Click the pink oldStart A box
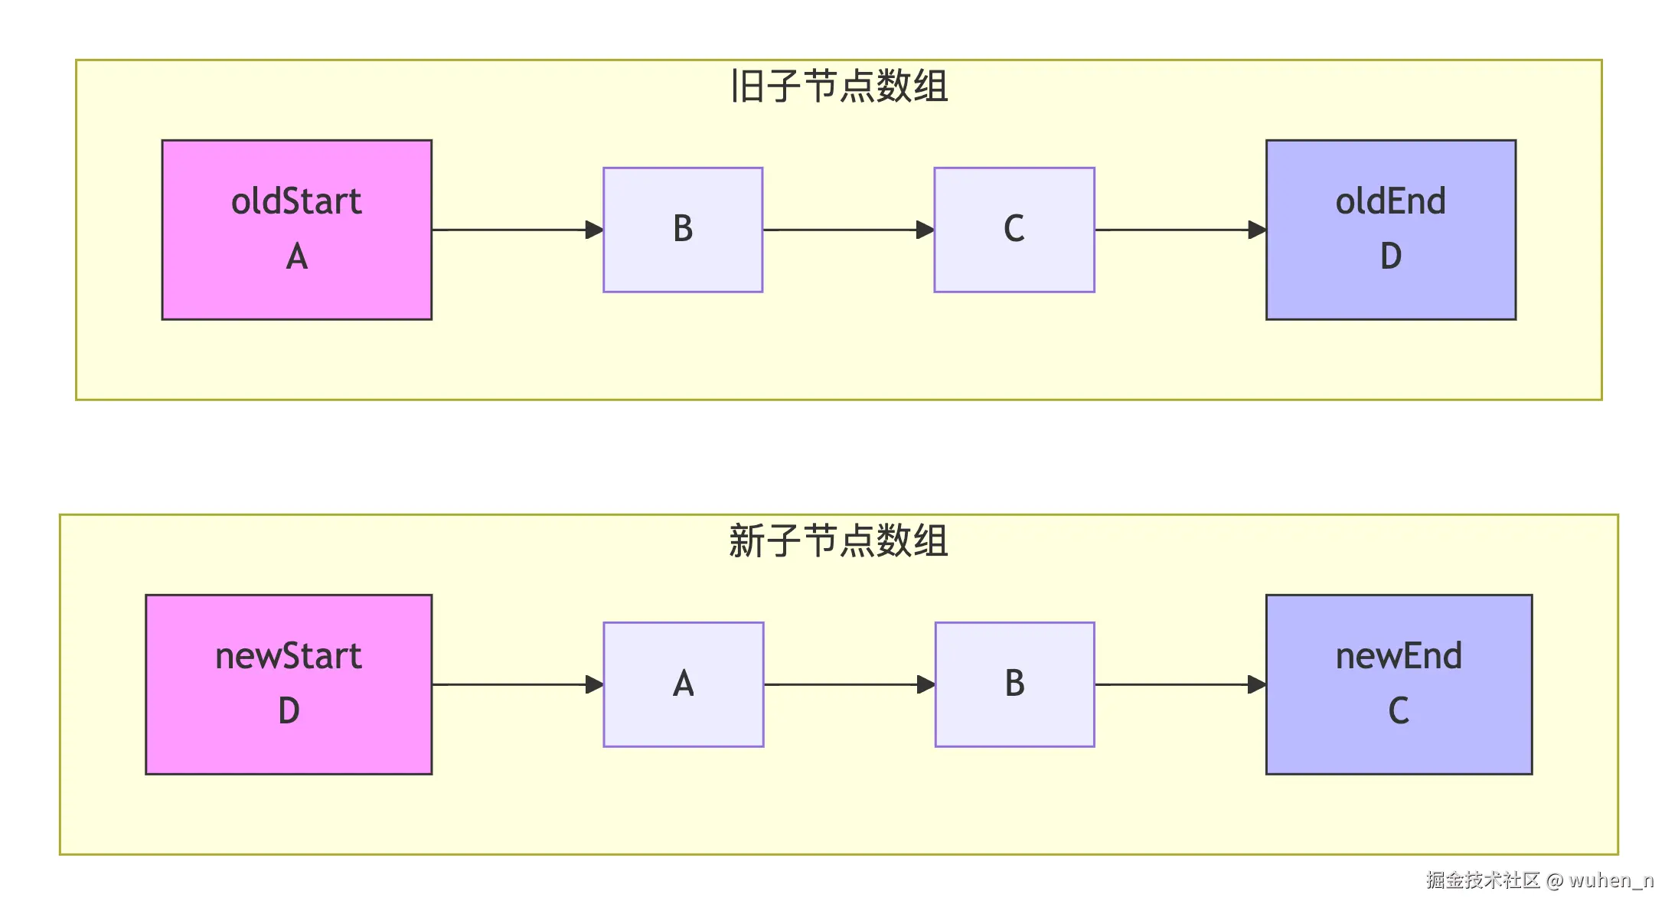click(x=296, y=230)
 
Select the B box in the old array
click(x=683, y=230)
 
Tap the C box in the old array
click(x=1014, y=230)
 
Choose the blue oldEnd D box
click(x=1390, y=230)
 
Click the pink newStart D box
click(x=289, y=684)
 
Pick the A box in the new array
click(x=683, y=684)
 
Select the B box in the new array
click(x=1014, y=684)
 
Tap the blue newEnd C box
click(x=1399, y=684)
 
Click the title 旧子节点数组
click(x=839, y=86)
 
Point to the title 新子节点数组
click(x=839, y=540)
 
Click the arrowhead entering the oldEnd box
click(x=1256, y=230)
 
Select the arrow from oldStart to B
click(x=513, y=230)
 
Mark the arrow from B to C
click(x=846, y=230)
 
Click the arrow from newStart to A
click(x=513, y=684)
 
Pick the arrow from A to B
click(x=846, y=684)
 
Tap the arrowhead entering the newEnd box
click(x=1256, y=684)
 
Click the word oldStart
click(x=296, y=201)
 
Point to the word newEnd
click(x=1399, y=656)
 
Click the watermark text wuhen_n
click(x=1611, y=880)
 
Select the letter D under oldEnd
click(x=1390, y=256)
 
